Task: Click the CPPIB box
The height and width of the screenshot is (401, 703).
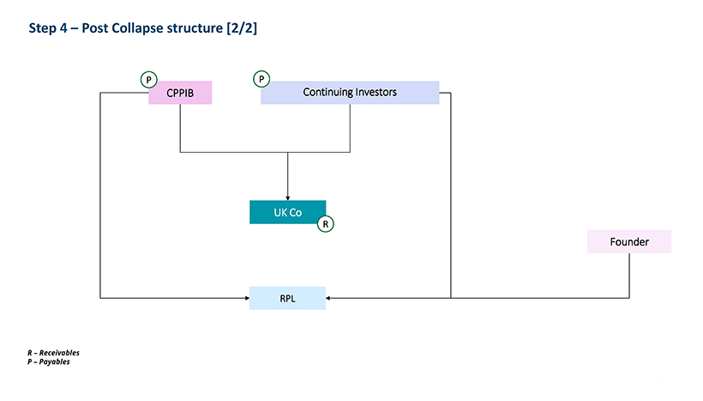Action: [x=180, y=93]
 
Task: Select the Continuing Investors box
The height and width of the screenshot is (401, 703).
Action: [x=350, y=93]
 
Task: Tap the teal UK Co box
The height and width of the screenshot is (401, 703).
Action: [x=288, y=212]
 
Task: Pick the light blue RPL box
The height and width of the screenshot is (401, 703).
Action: [x=287, y=298]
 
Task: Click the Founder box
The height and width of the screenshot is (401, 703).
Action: [x=629, y=241]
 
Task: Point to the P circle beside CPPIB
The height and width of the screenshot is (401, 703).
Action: [x=149, y=80]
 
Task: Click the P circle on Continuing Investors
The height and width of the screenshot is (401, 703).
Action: [x=261, y=79]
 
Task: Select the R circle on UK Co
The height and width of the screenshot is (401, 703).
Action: [x=326, y=223]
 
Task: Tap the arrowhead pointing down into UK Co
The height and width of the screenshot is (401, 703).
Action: [x=288, y=198]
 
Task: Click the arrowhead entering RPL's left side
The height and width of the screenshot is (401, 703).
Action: [x=247, y=298]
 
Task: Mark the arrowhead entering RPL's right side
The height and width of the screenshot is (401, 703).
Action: [x=328, y=298]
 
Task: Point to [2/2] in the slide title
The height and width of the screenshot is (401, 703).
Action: [x=242, y=28]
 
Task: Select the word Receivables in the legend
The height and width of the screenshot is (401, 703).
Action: [x=59, y=353]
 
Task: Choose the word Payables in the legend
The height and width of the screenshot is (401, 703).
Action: [x=54, y=362]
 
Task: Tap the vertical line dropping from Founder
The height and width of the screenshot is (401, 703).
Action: [x=629, y=276]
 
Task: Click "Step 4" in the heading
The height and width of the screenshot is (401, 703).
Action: [x=48, y=28]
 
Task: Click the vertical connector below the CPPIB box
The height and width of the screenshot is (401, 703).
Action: [x=180, y=128]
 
